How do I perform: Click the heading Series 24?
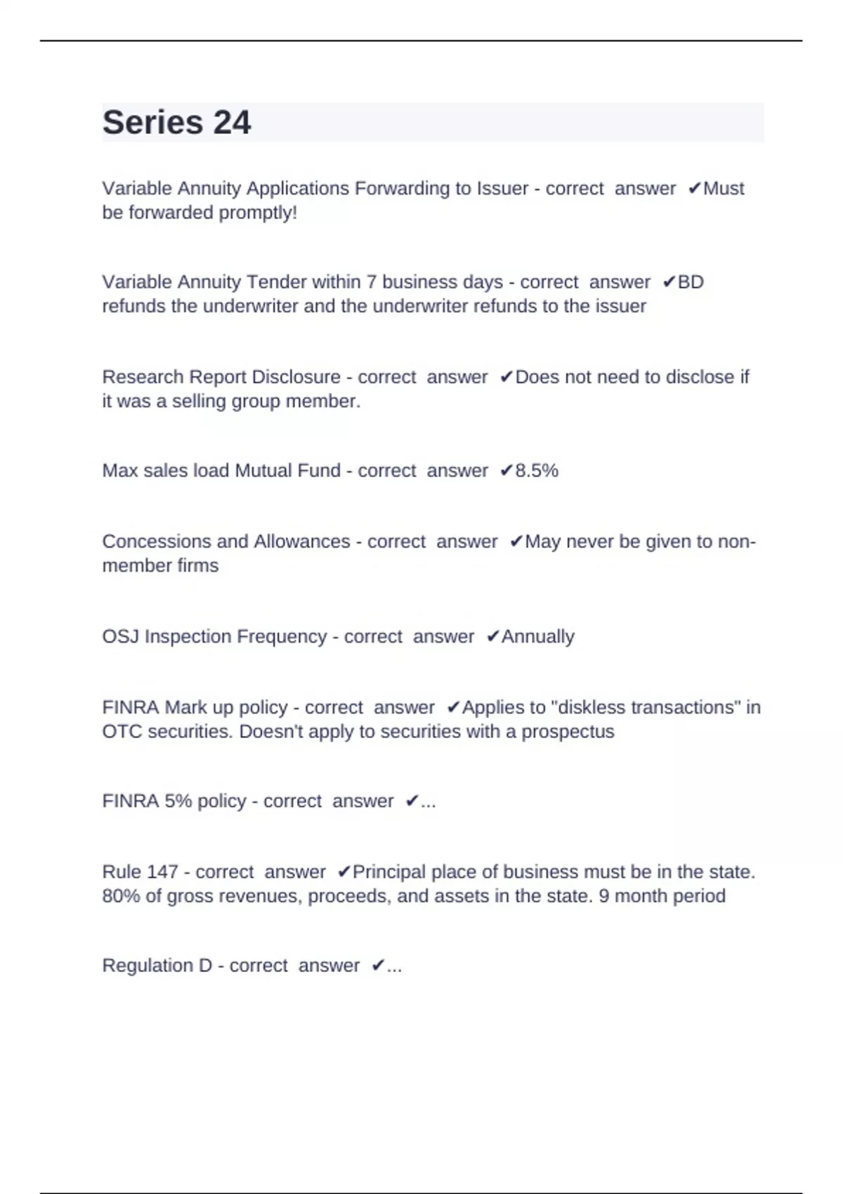pos(176,123)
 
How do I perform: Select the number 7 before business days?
pos(372,282)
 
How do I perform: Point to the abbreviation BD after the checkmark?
pos(691,282)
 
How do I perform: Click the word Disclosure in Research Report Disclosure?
pos(296,377)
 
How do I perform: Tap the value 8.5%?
pos(537,471)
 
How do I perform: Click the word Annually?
pos(537,636)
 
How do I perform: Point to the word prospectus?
pos(568,732)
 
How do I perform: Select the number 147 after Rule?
pos(162,872)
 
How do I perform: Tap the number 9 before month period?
pos(604,896)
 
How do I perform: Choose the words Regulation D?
pos(157,966)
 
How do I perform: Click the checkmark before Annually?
pos(492,636)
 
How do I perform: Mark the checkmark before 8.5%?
pos(506,471)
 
